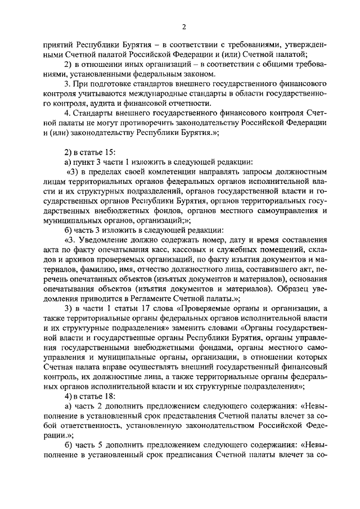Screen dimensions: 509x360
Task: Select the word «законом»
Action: pyautogui.click(x=197, y=74)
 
